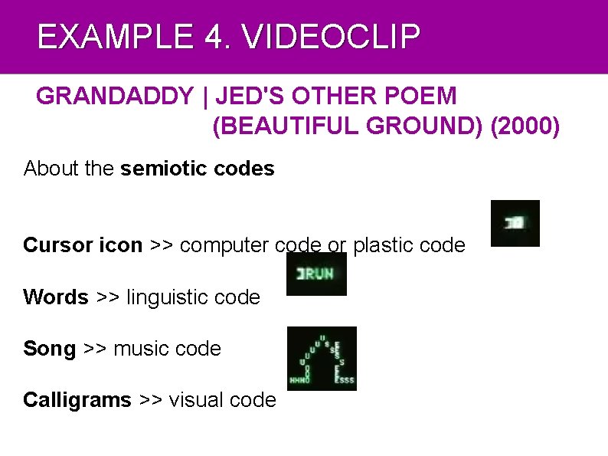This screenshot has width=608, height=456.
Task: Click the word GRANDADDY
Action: [x=115, y=97]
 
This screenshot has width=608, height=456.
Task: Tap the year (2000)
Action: [x=525, y=126]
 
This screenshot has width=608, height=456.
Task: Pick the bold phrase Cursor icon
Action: [x=83, y=245]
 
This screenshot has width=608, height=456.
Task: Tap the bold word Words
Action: [x=56, y=297]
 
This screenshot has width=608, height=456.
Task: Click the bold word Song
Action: [x=49, y=349]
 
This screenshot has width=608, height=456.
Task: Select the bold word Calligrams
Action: [x=77, y=400]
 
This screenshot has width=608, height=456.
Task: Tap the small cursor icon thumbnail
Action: [x=515, y=223]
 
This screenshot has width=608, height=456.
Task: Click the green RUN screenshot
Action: [x=316, y=274]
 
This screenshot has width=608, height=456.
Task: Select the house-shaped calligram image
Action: [x=322, y=359]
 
